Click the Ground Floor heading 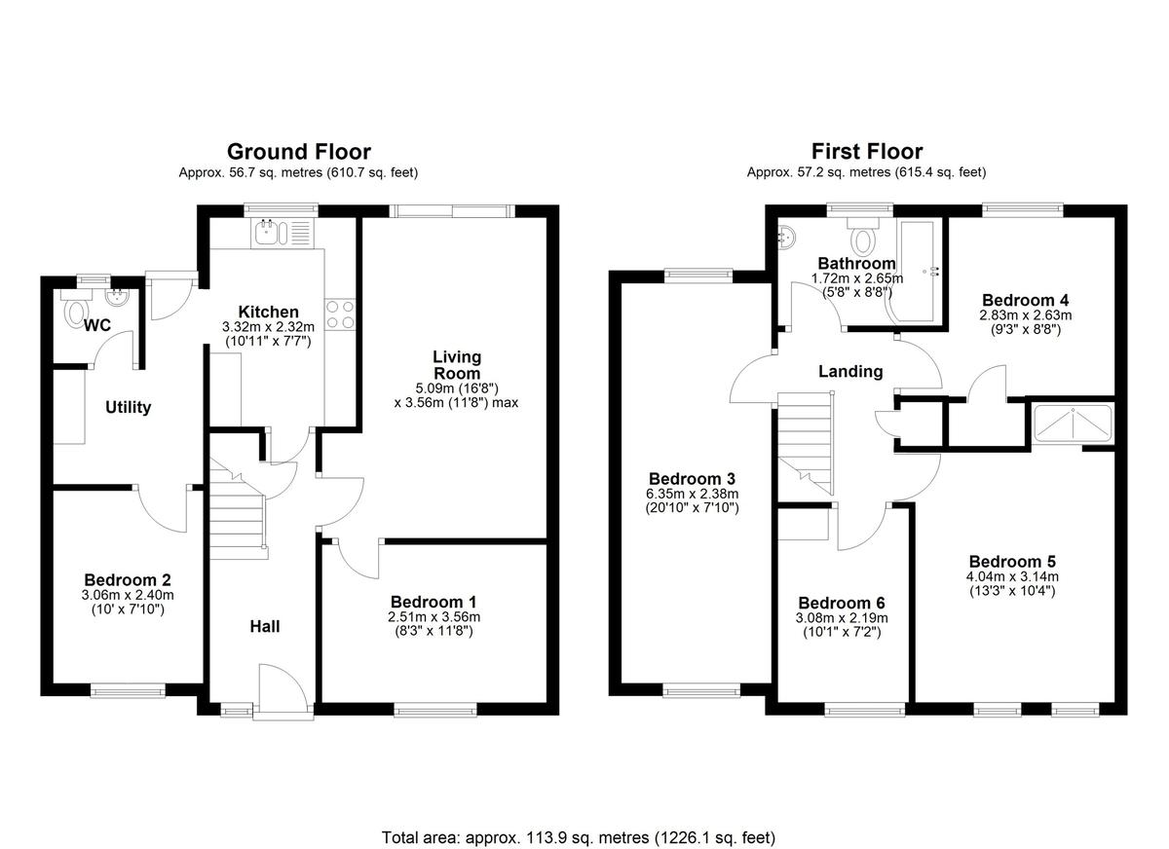click(299, 152)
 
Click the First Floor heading click(867, 152)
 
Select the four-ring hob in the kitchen click(340, 315)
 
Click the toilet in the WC click(76, 310)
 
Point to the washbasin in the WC click(117, 298)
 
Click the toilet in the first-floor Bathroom click(863, 237)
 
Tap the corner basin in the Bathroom click(786, 237)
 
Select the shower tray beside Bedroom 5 click(1073, 423)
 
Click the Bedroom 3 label click(692, 478)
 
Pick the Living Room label click(457, 365)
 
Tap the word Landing click(850, 371)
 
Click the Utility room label click(129, 407)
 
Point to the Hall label click(265, 626)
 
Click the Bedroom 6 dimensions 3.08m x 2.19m click(842, 618)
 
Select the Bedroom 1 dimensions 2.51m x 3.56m click(434, 617)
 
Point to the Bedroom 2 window click(128, 691)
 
